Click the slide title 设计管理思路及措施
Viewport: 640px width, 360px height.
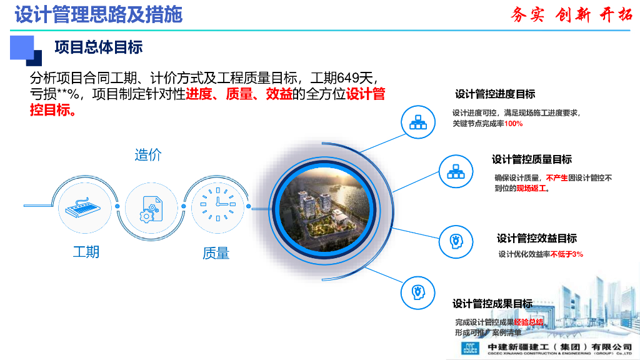pos(99,14)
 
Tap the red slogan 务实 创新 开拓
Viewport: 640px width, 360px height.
pos(571,15)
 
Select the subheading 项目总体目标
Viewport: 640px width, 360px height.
pos(99,47)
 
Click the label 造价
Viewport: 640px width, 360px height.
pos(147,155)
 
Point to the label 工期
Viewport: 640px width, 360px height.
pos(86,252)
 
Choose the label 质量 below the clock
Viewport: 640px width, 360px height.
pos(216,253)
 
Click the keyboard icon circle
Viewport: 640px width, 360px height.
pos(86,205)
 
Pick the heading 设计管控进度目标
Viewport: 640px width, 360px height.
pos(495,94)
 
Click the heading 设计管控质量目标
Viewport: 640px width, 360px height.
pos(531,159)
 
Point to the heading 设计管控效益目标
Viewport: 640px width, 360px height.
pos(536,238)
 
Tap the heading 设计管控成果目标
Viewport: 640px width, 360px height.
pos(492,304)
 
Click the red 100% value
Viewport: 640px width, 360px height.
pos(513,124)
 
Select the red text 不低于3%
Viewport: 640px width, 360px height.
pos(567,254)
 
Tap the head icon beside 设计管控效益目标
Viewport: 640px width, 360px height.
pos(456,241)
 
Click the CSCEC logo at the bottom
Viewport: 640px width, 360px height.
pos(469,349)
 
